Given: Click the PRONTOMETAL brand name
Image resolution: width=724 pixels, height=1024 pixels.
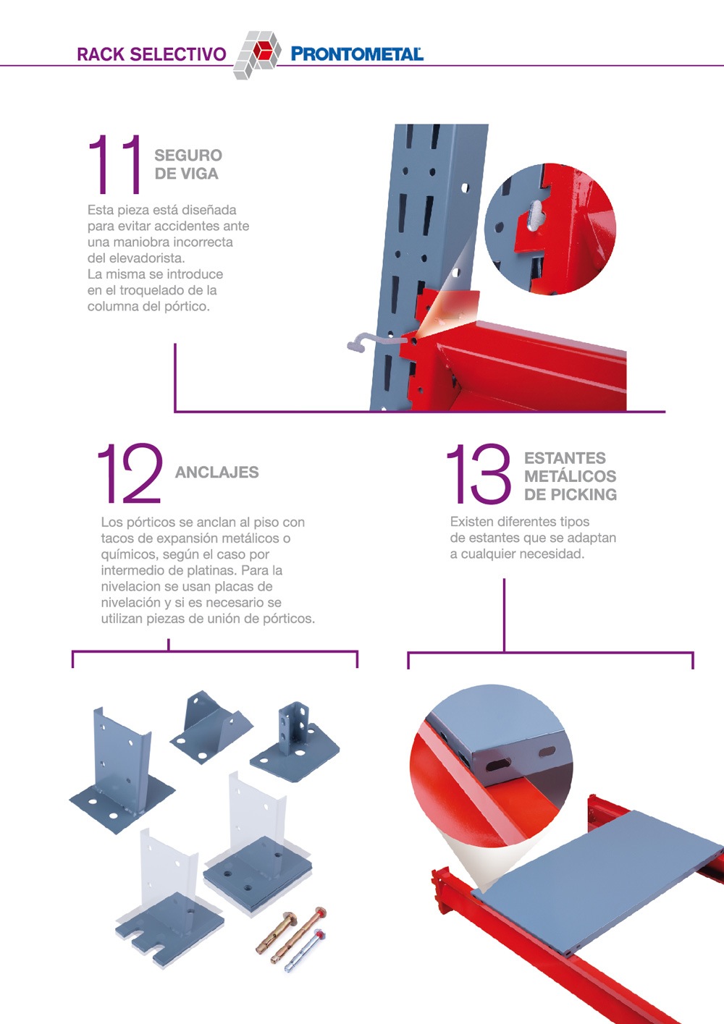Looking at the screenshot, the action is [x=357, y=54].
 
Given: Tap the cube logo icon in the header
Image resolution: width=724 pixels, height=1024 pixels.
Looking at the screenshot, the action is [x=257, y=54].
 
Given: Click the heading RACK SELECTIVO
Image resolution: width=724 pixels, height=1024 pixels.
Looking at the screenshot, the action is [x=151, y=54].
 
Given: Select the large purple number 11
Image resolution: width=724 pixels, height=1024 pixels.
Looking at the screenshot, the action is [x=114, y=164].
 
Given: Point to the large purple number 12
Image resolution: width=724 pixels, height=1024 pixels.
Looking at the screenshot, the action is [x=130, y=473].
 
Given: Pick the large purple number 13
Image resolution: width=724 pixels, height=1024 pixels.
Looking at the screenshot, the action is [x=479, y=473].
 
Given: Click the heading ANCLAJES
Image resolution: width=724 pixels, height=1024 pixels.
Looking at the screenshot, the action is [x=216, y=473].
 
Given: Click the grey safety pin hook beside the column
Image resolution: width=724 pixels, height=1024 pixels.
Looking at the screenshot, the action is [x=375, y=341].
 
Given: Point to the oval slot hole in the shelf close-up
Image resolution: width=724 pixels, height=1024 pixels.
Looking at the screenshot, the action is [x=498, y=764].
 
